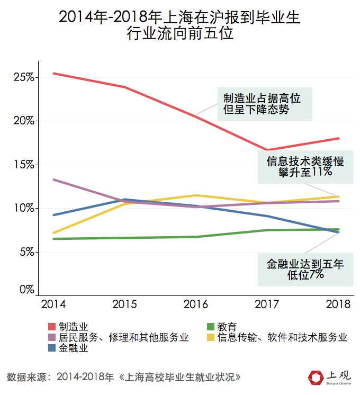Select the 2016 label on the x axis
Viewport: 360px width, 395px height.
click(196, 304)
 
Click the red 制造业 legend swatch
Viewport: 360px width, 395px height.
click(52, 327)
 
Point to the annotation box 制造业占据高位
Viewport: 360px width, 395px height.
click(262, 104)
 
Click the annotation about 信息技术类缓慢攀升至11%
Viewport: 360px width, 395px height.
click(305, 167)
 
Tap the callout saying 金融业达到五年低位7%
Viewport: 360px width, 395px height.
click(305, 268)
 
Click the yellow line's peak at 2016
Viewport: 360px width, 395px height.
click(196, 195)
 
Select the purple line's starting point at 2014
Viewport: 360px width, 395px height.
click(53, 179)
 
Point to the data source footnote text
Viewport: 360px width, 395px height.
click(124, 378)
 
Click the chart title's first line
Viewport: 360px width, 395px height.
click(179, 17)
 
